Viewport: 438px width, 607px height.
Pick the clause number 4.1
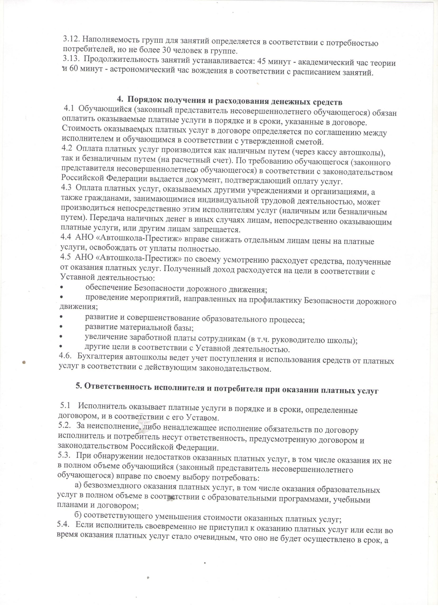point(69,109)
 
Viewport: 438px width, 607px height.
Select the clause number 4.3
point(66,188)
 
